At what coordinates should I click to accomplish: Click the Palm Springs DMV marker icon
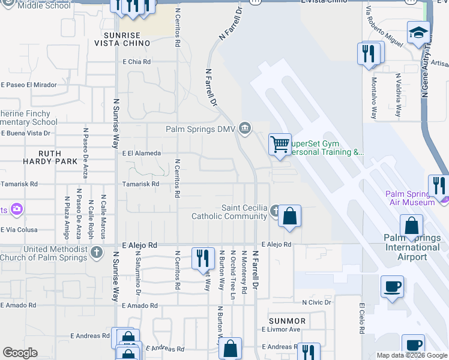point(245,128)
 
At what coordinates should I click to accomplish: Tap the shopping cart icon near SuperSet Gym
point(280,145)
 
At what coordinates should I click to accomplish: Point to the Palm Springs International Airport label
point(412,247)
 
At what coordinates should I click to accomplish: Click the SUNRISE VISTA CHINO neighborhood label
point(123,39)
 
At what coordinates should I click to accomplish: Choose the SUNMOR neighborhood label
point(288,321)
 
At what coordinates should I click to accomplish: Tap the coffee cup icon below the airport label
point(392,287)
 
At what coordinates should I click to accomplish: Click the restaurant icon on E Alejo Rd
point(203,259)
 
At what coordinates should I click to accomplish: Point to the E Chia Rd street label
point(136,61)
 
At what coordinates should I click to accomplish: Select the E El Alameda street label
point(142,154)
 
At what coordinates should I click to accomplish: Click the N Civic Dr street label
point(316,302)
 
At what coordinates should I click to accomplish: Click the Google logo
point(20,353)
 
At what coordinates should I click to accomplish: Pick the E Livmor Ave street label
point(280,329)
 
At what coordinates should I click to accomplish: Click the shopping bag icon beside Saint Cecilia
point(289,216)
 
